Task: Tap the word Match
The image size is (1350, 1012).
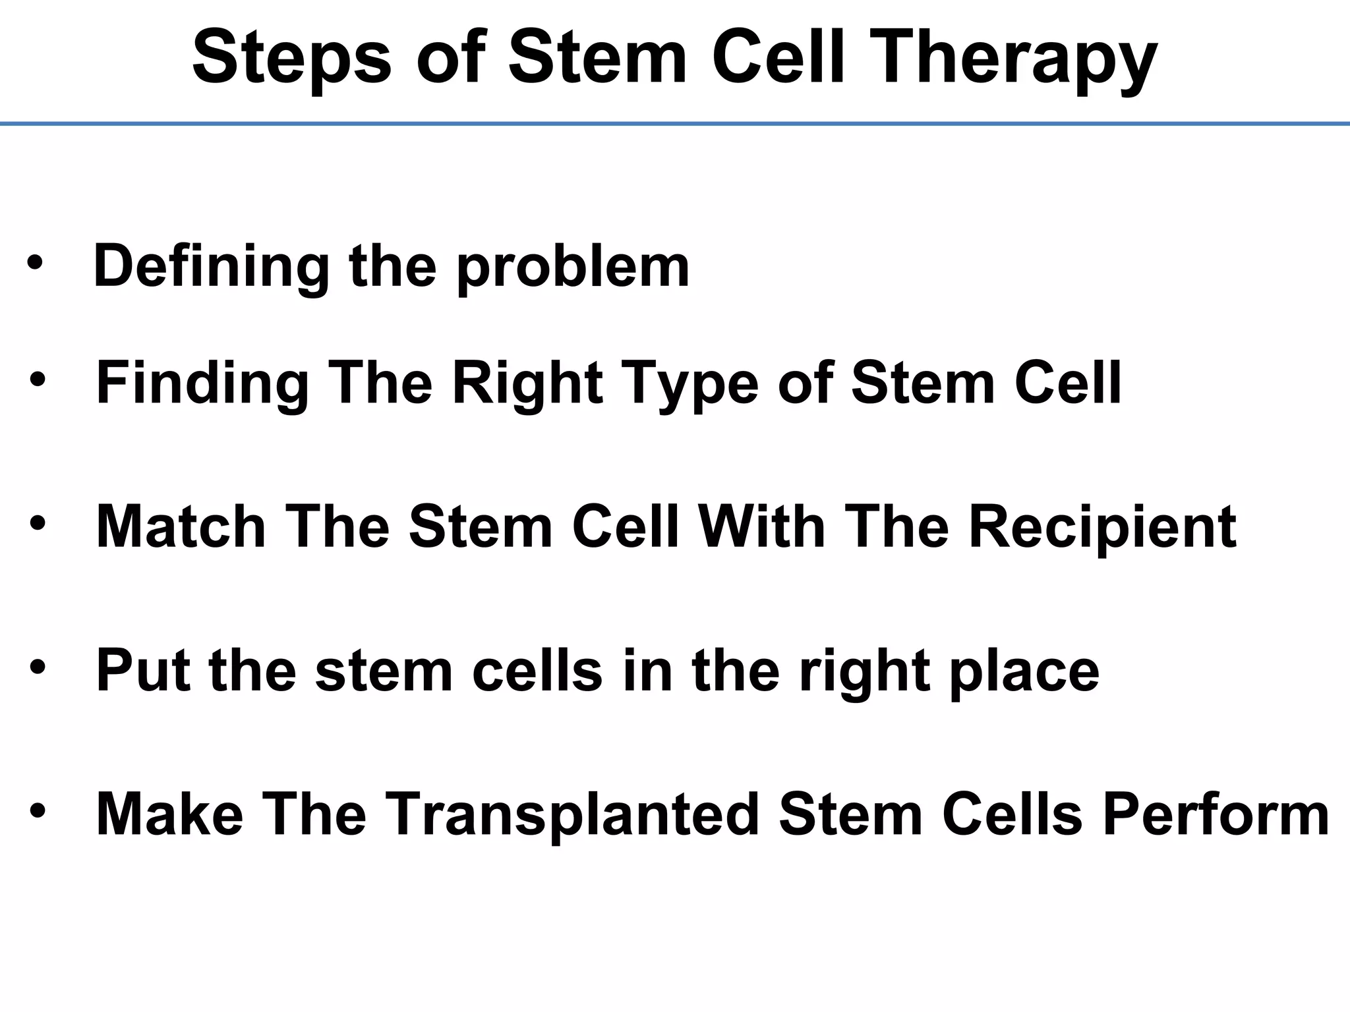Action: coord(181,527)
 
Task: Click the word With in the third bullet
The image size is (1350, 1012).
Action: coord(761,527)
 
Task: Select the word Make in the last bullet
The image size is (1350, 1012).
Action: coord(169,814)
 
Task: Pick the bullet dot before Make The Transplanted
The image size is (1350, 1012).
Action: coord(38,810)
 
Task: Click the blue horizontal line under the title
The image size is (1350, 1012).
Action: coord(675,123)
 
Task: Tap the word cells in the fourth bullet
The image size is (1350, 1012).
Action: coord(537,671)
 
